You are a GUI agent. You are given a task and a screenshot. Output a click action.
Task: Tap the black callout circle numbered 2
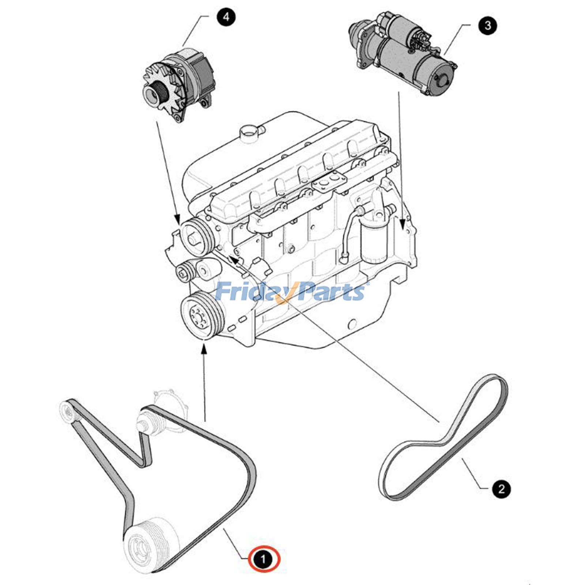click(501, 489)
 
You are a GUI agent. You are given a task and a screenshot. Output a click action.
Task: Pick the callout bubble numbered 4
click(226, 17)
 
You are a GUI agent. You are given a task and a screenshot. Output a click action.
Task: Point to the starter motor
click(406, 55)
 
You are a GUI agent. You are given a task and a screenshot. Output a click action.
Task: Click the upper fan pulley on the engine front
click(194, 237)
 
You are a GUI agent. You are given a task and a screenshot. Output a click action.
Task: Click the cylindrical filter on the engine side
click(373, 243)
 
